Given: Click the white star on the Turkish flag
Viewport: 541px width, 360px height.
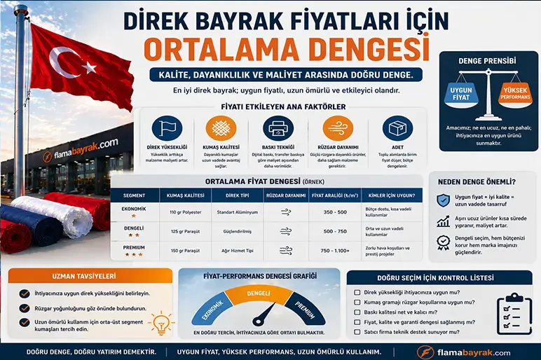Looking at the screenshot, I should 89,67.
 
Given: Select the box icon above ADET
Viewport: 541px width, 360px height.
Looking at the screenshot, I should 397,128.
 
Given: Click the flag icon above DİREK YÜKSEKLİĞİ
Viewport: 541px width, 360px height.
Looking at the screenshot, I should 167,128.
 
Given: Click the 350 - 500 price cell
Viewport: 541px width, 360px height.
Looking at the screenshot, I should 335,211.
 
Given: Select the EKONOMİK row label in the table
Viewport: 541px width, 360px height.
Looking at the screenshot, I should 134,209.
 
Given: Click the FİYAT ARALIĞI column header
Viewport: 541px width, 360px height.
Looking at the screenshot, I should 334,195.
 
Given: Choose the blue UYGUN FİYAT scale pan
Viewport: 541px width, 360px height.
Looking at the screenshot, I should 461,93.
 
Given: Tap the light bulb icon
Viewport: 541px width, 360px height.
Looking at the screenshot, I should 162,323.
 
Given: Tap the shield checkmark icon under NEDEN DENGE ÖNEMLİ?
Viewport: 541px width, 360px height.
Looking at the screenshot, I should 442,200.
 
